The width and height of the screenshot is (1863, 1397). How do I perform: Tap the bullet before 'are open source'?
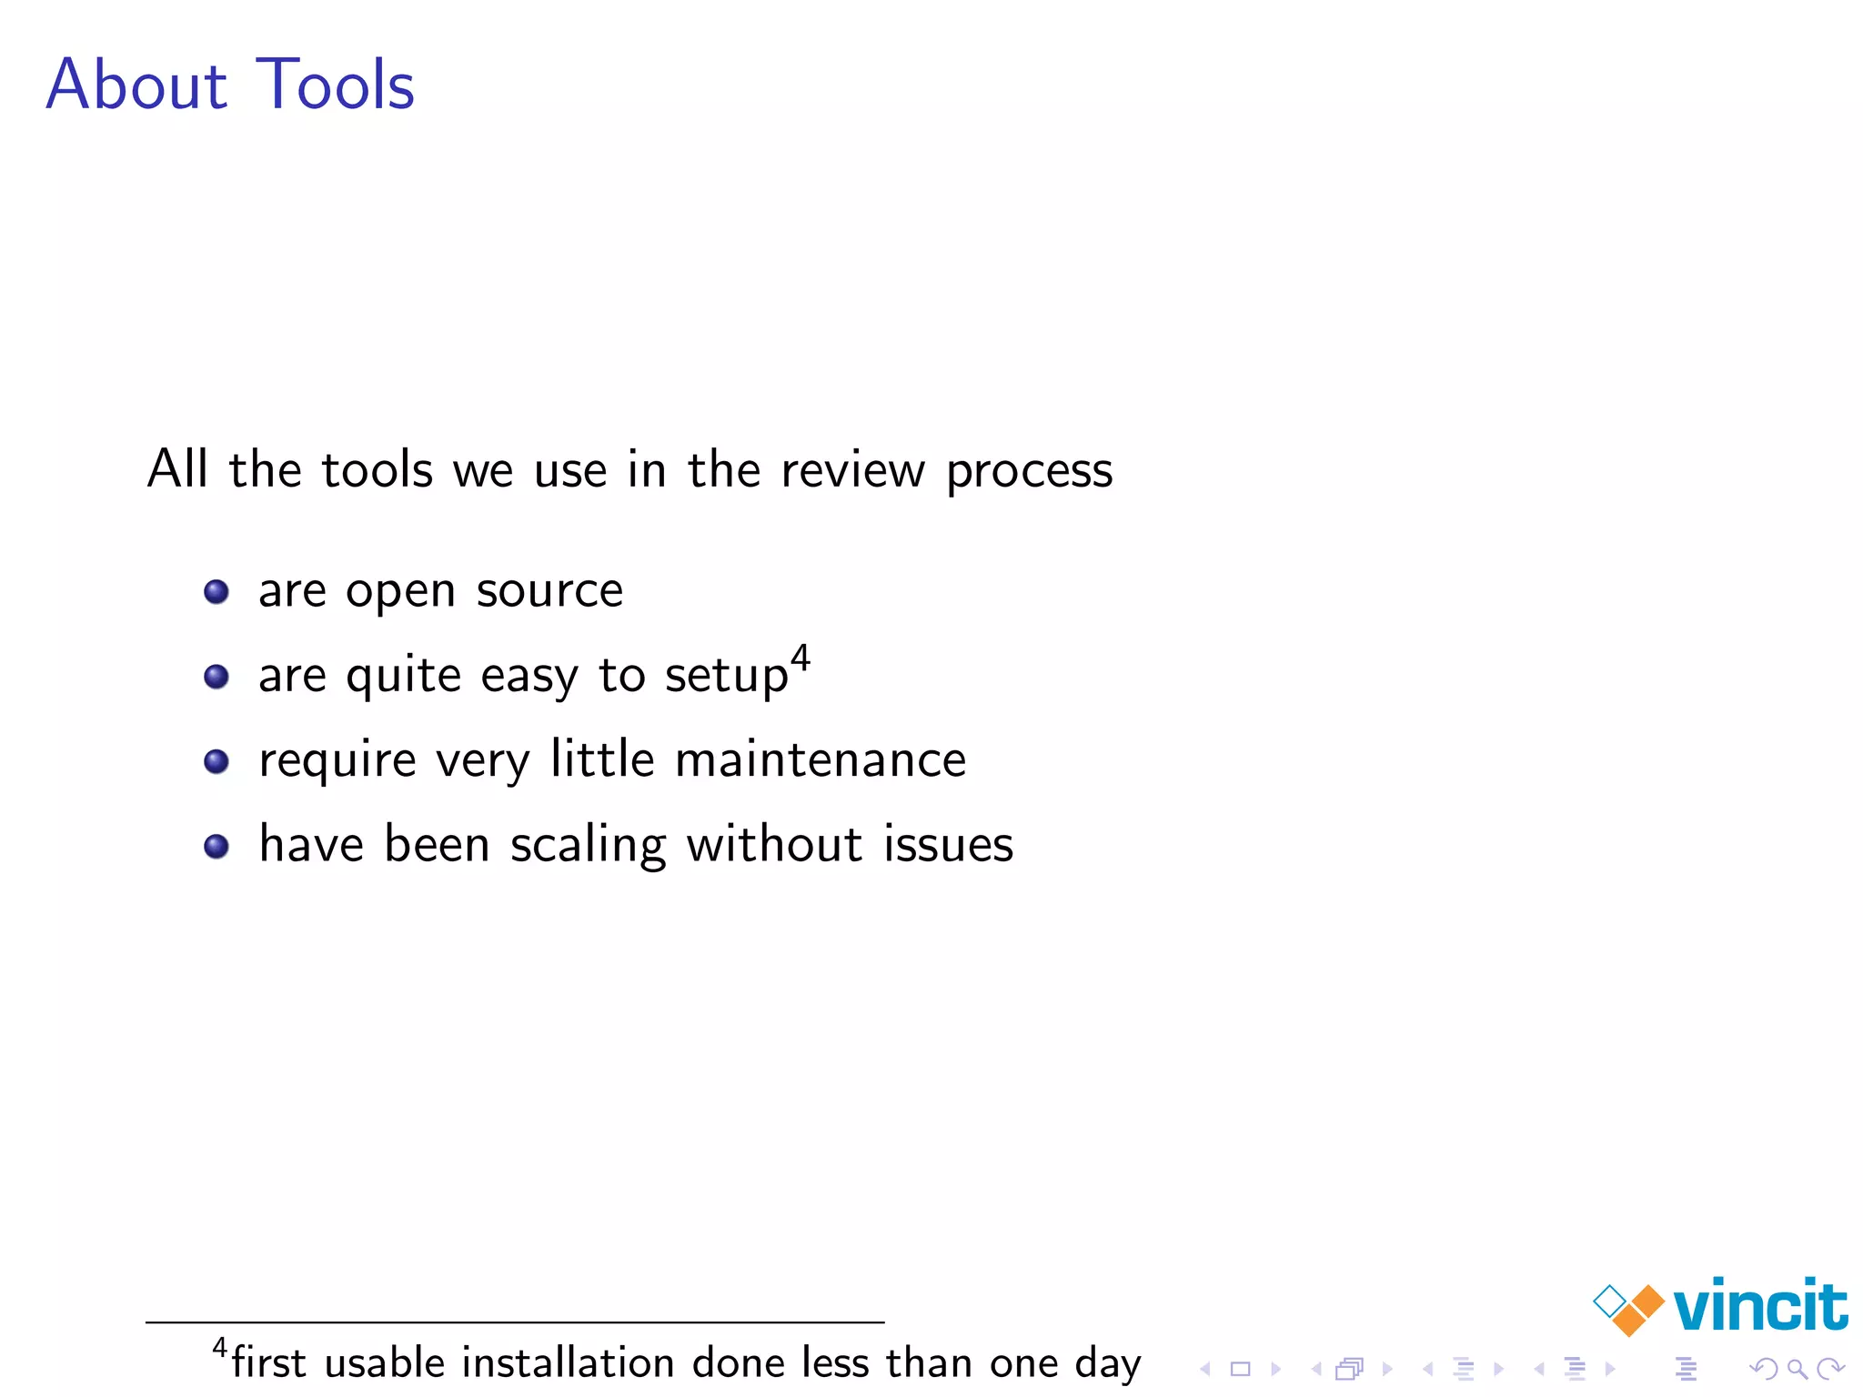(x=217, y=592)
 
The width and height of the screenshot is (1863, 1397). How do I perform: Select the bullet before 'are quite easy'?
(x=217, y=677)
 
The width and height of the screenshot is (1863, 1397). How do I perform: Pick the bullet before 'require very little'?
(x=217, y=761)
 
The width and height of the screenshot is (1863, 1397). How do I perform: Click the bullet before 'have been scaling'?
(x=217, y=847)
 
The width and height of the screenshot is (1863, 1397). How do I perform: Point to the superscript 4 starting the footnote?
(x=219, y=1347)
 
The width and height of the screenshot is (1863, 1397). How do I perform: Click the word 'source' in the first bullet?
(x=549, y=592)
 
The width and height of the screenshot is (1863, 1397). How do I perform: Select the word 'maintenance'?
(x=821, y=760)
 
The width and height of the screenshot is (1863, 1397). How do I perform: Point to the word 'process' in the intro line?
(x=1029, y=472)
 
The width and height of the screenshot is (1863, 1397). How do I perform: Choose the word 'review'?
(x=852, y=471)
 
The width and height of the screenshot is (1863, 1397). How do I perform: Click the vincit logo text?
(x=1760, y=1306)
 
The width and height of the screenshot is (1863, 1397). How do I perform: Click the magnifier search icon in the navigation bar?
(x=1797, y=1369)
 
